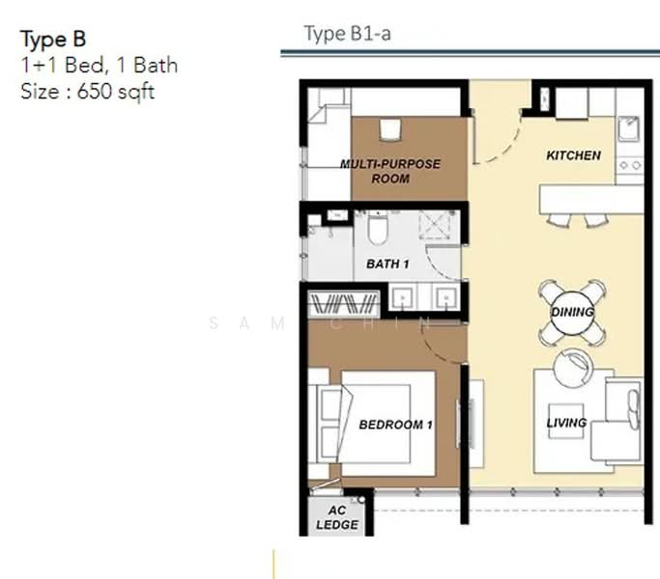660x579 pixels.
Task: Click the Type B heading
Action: pyautogui.click(x=53, y=40)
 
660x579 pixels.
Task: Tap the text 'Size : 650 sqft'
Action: pyautogui.click(x=88, y=92)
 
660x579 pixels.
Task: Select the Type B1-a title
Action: pyautogui.click(x=348, y=34)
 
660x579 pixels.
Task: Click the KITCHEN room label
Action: pyautogui.click(x=573, y=155)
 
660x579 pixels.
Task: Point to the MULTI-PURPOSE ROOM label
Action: pyautogui.click(x=390, y=171)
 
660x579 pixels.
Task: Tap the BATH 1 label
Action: pyautogui.click(x=387, y=264)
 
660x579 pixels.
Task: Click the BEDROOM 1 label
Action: pyautogui.click(x=395, y=425)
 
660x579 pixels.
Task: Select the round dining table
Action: pyautogui.click(x=572, y=313)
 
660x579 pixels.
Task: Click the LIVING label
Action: pyautogui.click(x=566, y=423)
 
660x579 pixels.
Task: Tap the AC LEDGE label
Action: pyautogui.click(x=337, y=517)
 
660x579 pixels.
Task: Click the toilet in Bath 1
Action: pyautogui.click(x=377, y=229)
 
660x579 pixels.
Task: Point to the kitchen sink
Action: pyautogui.click(x=629, y=128)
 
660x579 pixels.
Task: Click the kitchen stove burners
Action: pyautogui.click(x=630, y=165)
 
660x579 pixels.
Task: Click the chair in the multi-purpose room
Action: pyautogui.click(x=390, y=130)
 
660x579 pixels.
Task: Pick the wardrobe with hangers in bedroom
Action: pyautogui.click(x=344, y=304)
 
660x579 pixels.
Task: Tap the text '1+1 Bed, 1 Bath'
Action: pyautogui.click(x=100, y=66)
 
